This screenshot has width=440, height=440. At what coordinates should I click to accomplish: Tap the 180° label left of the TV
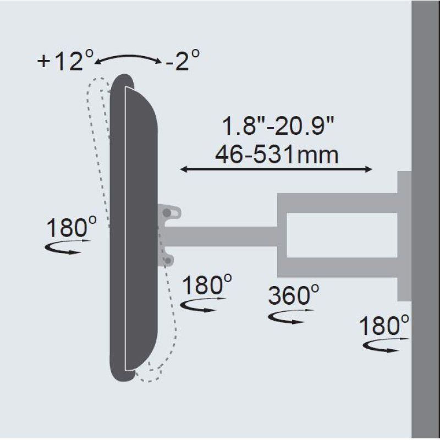(x=71, y=227)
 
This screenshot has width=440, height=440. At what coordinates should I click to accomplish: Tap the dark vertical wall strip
(x=426, y=220)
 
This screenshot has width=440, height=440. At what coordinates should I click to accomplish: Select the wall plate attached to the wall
(x=404, y=236)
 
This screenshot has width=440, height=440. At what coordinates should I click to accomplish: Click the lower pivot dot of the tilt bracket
(x=167, y=258)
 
